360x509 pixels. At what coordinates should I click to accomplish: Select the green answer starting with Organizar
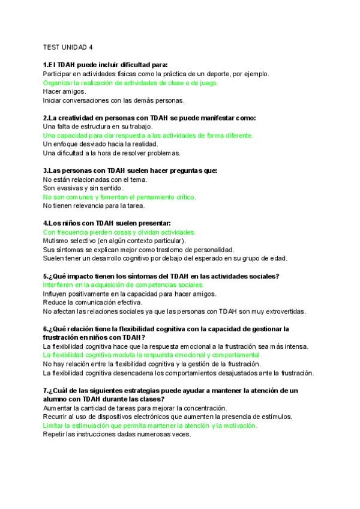[131, 83]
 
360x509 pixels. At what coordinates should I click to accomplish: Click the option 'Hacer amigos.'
[65, 92]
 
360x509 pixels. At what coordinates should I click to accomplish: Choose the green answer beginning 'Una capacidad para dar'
[148, 136]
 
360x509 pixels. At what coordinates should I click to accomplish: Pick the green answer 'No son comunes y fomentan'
[119, 197]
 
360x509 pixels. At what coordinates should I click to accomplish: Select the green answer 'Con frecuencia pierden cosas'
[119, 232]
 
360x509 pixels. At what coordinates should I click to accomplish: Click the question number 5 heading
[161, 276]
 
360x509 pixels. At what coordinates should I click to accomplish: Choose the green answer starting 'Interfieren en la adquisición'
[124, 285]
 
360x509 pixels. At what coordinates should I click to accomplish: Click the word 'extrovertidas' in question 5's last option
[284, 312]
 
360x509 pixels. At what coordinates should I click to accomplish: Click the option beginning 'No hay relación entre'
[152, 364]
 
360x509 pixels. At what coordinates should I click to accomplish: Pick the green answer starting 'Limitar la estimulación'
[150, 426]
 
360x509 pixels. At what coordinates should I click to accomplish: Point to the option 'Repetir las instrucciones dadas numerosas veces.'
[117, 435]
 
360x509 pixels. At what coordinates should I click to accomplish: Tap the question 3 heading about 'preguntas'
[130, 170]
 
